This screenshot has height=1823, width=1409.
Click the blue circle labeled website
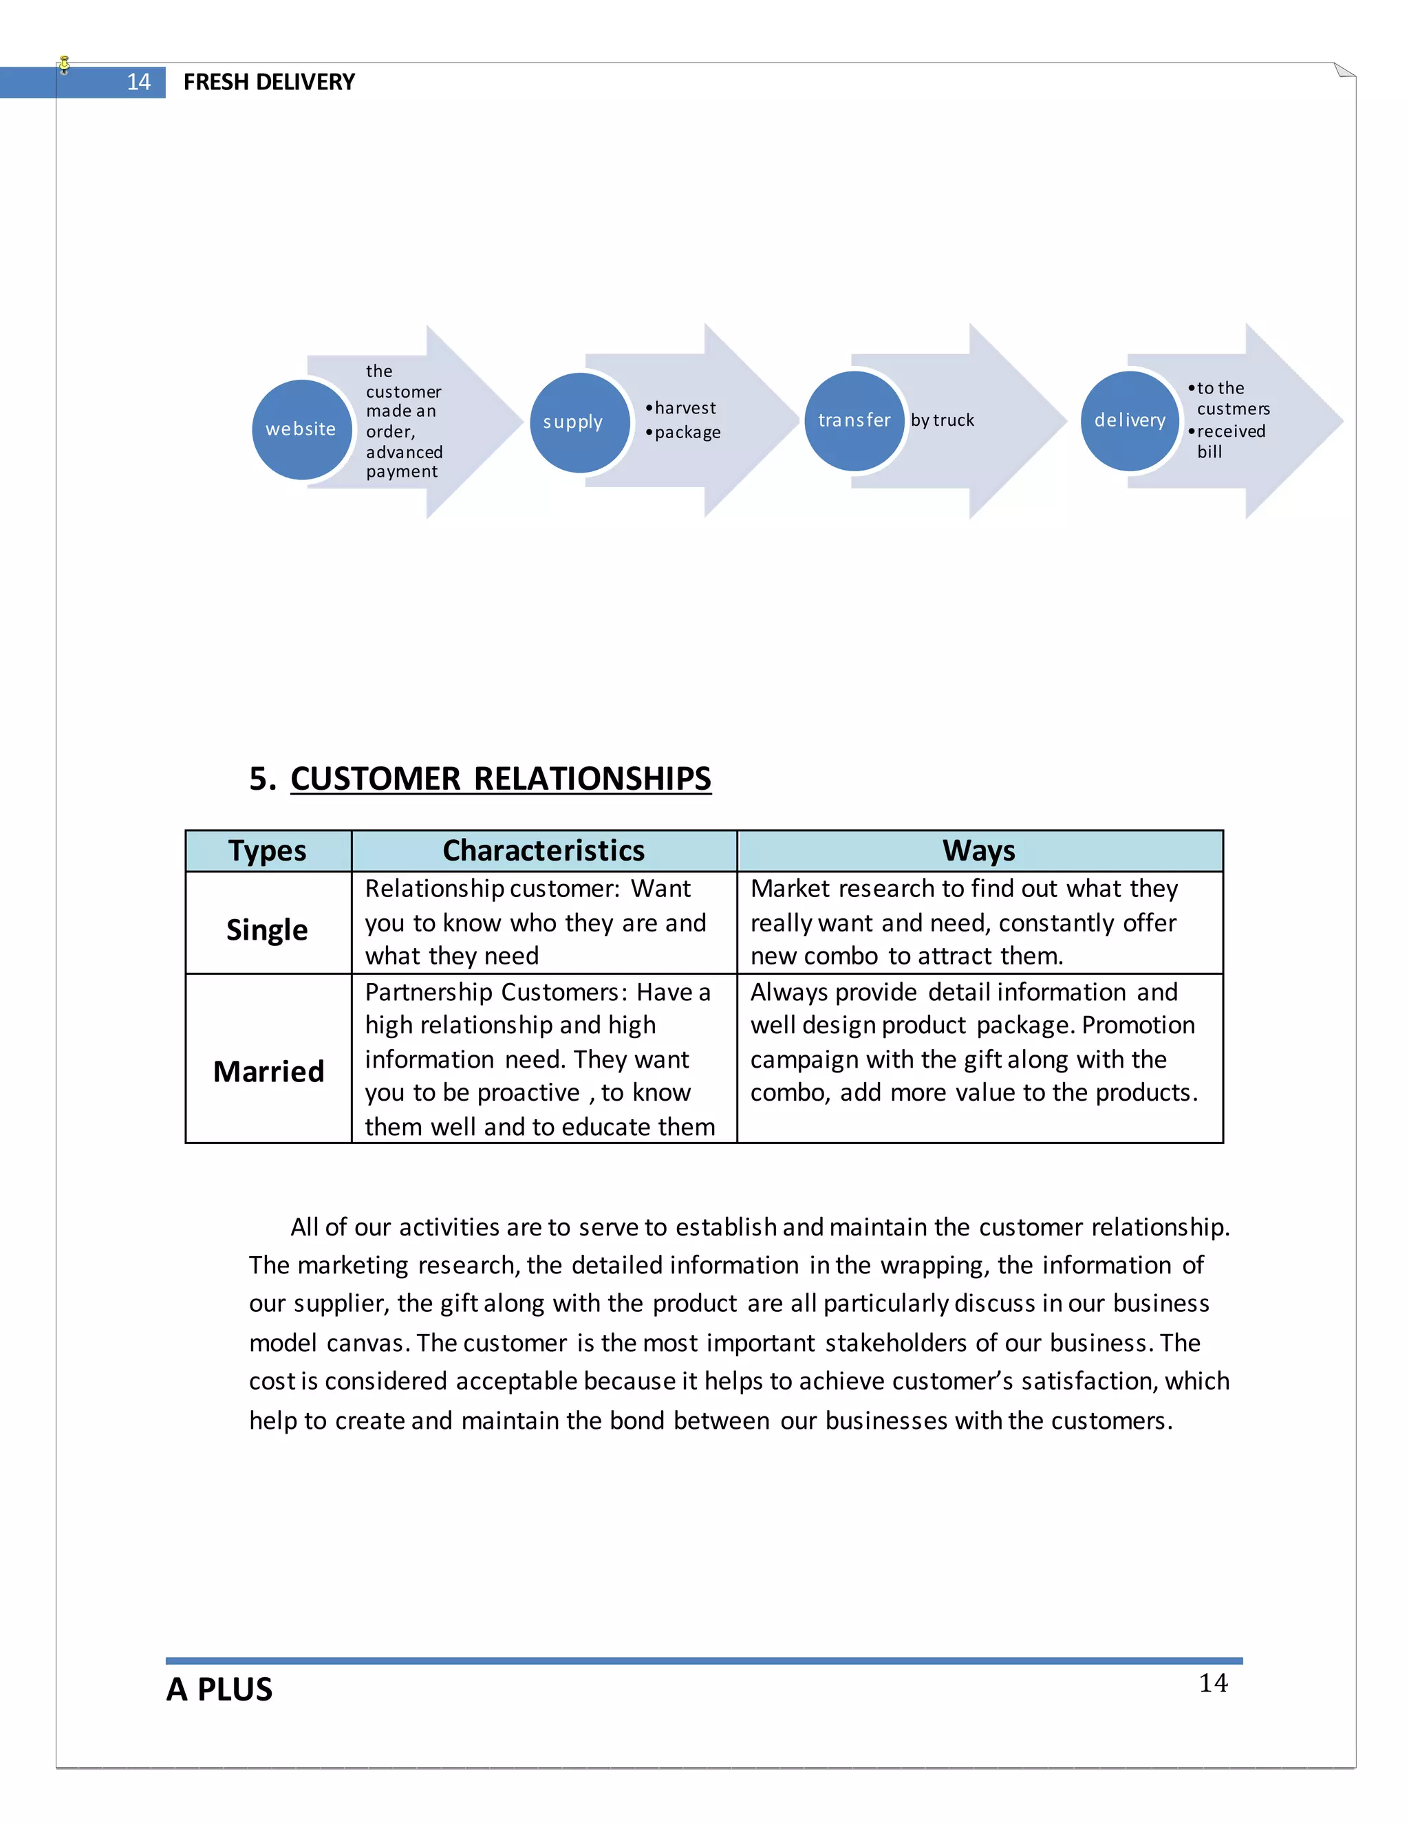coord(301,429)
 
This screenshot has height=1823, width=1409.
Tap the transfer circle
coord(854,420)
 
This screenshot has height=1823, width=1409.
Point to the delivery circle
coord(1130,420)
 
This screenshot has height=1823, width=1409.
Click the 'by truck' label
coord(943,420)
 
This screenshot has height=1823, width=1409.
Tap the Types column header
coord(268,850)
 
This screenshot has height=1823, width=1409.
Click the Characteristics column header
coord(544,850)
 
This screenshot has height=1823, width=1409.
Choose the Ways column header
coord(979,850)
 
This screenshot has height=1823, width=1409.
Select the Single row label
coord(267,929)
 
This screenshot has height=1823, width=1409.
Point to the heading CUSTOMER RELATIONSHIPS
coord(501,779)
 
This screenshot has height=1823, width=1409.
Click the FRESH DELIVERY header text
coord(269,82)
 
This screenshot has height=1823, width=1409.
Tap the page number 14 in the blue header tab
coord(138,82)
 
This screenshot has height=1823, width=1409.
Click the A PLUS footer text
coord(219,1689)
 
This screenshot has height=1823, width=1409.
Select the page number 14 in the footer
coord(1213,1683)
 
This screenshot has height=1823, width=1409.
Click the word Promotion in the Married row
coord(1139,1025)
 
